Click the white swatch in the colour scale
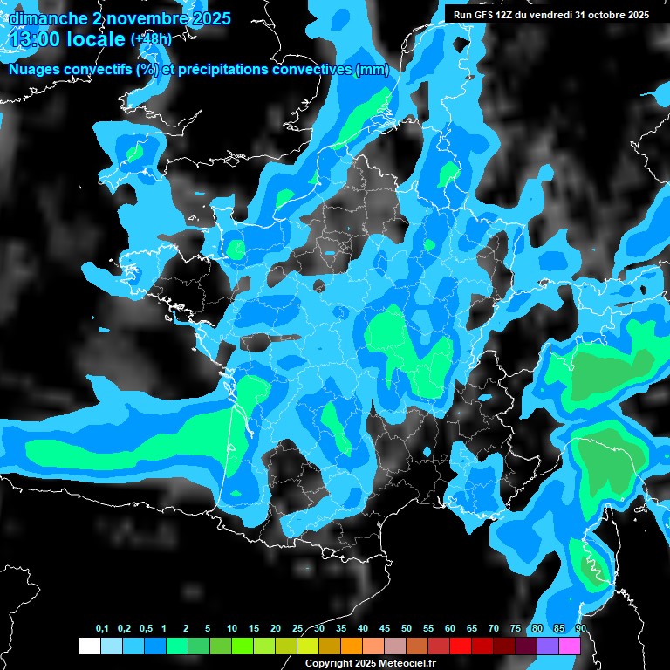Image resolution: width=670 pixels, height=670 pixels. click(89, 646)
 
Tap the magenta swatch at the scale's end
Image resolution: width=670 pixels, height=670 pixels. click(570, 646)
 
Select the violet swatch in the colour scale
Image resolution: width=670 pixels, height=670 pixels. click(548, 646)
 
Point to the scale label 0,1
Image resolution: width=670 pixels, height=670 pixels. click(102, 629)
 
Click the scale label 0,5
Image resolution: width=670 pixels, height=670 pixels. click(146, 629)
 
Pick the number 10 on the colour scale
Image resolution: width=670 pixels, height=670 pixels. click(232, 629)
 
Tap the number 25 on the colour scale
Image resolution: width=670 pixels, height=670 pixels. click(297, 629)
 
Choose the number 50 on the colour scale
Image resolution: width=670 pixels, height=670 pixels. click(407, 629)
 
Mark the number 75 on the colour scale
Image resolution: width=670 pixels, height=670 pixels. click(516, 629)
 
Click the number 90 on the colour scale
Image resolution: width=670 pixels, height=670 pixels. click(580, 629)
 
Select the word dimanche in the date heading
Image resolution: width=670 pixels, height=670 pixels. click(45, 18)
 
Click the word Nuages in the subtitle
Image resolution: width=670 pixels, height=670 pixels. click(33, 70)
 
